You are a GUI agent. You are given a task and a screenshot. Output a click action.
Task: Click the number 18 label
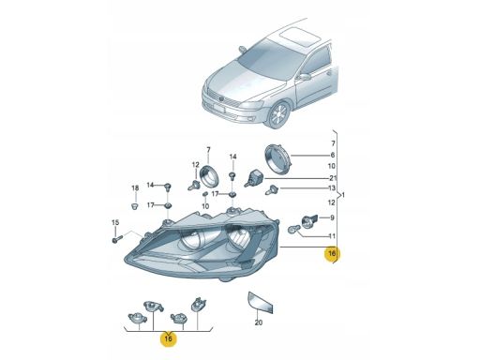(x=135, y=188)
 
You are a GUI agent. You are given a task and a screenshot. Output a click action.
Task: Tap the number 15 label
(x=115, y=222)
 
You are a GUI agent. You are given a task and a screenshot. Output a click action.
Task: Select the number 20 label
(x=259, y=322)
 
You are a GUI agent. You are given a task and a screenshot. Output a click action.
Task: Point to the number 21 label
(x=333, y=178)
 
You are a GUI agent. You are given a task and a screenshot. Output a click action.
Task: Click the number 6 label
(x=333, y=155)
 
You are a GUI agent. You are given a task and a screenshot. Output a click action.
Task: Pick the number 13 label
(x=332, y=188)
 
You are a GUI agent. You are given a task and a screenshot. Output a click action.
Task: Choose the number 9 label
(x=332, y=217)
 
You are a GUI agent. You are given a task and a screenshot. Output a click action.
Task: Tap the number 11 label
(x=332, y=236)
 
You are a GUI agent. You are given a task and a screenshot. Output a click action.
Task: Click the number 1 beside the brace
(x=343, y=195)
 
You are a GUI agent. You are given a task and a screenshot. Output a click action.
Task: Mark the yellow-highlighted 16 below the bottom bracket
(x=169, y=338)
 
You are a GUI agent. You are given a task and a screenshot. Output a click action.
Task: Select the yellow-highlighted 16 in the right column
(x=332, y=253)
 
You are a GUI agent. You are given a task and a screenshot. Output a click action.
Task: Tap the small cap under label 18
(x=135, y=206)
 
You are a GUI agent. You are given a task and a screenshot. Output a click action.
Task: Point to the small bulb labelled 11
(x=293, y=230)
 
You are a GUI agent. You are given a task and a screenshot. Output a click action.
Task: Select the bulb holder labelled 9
(x=308, y=220)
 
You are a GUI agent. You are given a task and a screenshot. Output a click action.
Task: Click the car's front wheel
(x=279, y=114)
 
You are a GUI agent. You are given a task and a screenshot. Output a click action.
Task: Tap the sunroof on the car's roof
(x=300, y=36)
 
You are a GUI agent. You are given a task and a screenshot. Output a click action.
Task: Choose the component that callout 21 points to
(x=255, y=178)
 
